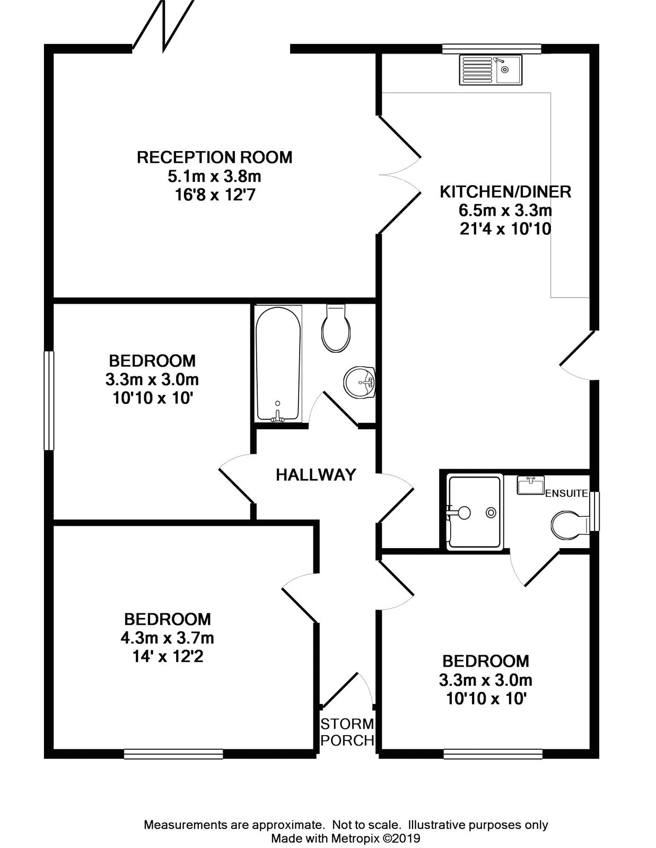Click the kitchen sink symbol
tap(490, 69)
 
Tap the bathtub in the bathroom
tap(278, 364)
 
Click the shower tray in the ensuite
tap(474, 512)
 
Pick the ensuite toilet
tap(568, 525)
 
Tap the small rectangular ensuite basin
tap(531, 485)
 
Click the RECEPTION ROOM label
tap(214, 157)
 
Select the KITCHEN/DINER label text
tap(505, 191)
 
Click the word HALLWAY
tap(316, 475)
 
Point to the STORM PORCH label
tap(347, 732)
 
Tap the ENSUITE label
tap(566, 493)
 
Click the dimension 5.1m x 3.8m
tap(214, 176)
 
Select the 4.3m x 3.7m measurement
tap(167, 638)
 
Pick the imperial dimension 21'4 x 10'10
tap(505, 229)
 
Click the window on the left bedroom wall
tap(49, 400)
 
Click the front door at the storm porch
tap(344, 689)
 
